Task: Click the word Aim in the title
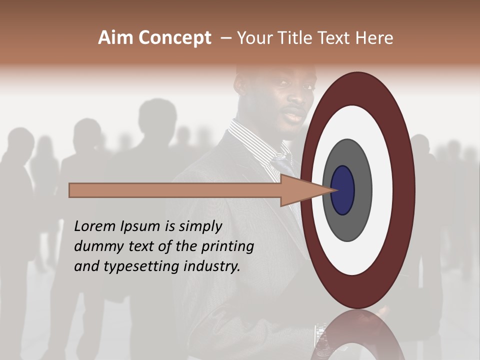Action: pyautogui.click(x=116, y=38)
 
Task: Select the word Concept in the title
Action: pyautogui.click(x=174, y=38)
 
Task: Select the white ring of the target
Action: pyautogui.click(x=382, y=190)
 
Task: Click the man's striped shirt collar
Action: pyautogui.click(x=255, y=142)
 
